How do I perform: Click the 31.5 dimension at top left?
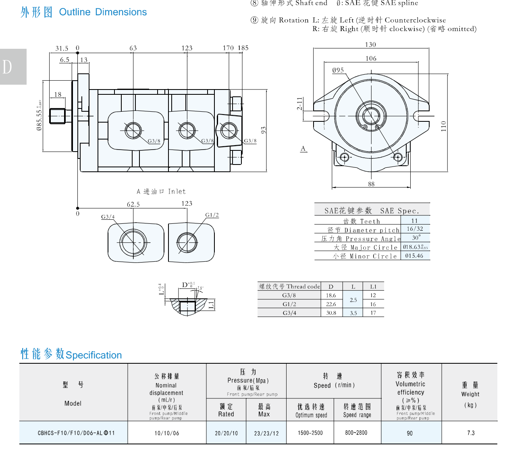coord(62,48)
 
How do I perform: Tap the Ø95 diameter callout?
coord(338,70)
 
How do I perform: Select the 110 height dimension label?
coord(443,126)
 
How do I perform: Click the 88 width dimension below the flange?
coord(371,184)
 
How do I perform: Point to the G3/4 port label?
coord(108,217)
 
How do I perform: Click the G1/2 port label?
coord(212,215)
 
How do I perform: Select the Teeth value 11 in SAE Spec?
coord(415,221)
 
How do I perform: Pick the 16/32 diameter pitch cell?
coord(415,229)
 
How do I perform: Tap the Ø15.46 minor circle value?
coord(414,256)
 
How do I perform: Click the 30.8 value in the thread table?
coord(331,312)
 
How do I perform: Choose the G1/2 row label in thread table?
coord(289,304)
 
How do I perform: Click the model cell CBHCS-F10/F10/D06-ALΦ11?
coord(76,433)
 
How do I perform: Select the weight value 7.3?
coord(471,433)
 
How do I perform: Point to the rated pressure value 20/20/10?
coord(226,433)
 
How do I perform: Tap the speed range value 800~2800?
coord(356,433)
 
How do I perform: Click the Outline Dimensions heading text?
coord(103,12)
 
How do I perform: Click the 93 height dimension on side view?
coord(264,130)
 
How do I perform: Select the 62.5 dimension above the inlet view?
coord(133,204)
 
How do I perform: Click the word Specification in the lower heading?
coord(94,355)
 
